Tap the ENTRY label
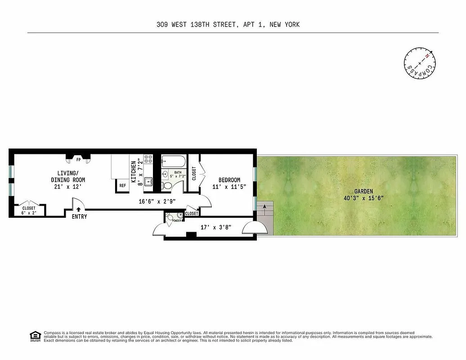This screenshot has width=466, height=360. [x=79, y=217]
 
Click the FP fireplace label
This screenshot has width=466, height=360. [x=78, y=159]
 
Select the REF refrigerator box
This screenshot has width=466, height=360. [x=122, y=185]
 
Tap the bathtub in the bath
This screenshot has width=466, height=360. [x=173, y=160]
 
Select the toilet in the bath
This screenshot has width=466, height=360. [x=167, y=185]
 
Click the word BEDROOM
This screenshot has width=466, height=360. [x=229, y=180]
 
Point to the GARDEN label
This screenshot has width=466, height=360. [x=363, y=191]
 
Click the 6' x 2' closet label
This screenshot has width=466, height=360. [x=29, y=213]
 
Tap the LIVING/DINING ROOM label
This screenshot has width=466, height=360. [x=68, y=176]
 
